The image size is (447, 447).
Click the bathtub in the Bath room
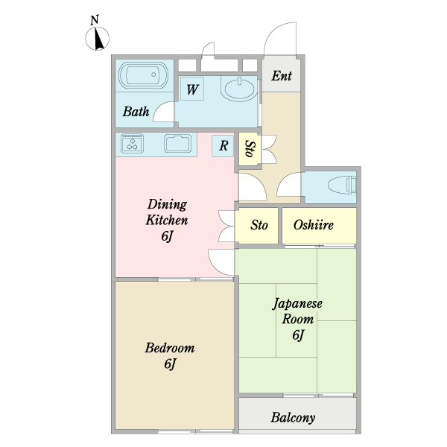(144, 75)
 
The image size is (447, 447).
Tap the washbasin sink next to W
(239, 89)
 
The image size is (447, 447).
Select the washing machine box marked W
(192, 89)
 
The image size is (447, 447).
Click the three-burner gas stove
(132, 143)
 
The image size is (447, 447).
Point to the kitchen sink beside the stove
(177, 143)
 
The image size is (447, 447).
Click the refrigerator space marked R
(223, 146)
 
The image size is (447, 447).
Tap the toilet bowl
(342, 185)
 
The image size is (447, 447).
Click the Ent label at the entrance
(282, 76)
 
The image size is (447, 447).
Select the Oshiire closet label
(314, 225)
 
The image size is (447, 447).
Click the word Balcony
(293, 418)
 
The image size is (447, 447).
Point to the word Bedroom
(170, 348)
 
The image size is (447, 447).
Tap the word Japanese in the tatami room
(297, 303)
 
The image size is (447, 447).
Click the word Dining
(167, 205)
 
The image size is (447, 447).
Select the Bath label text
(136, 112)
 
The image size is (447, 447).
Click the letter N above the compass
(95, 20)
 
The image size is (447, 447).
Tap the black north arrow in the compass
(98, 38)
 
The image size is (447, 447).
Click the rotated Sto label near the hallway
(250, 149)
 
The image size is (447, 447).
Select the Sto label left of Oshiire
(259, 225)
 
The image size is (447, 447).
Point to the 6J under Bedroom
(170, 364)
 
